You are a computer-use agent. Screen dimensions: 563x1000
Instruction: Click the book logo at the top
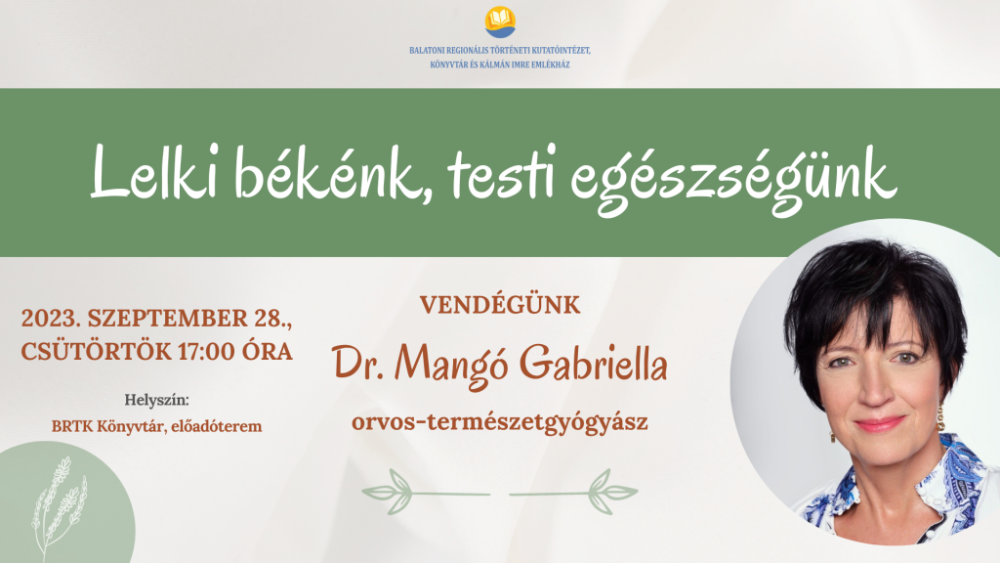pyautogui.click(x=500, y=21)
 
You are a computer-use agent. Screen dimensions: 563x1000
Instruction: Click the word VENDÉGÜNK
pyautogui.click(x=500, y=305)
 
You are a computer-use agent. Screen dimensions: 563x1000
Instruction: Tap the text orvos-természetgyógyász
pyautogui.click(x=500, y=423)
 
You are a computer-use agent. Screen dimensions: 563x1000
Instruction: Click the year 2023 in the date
pyautogui.click(x=52, y=319)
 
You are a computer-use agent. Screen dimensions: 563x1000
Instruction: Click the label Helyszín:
pyautogui.click(x=156, y=401)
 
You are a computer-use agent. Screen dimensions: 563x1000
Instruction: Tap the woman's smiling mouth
pyautogui.click(x=878, y=424)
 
